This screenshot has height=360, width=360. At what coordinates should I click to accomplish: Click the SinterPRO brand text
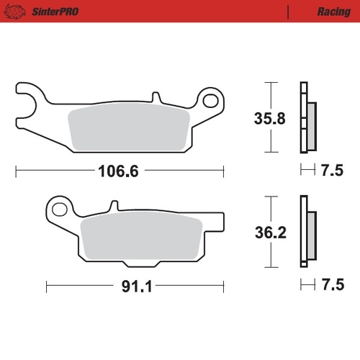point(53,12)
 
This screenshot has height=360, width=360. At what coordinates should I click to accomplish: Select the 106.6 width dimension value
point(118,171)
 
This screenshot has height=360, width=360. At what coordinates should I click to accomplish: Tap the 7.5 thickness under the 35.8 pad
point(333,171)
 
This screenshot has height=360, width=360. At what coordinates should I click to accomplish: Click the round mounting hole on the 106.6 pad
point(211,96)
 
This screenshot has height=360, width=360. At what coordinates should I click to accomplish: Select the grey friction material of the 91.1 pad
point(141,238)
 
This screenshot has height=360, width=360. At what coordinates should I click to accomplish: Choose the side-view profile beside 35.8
point(306,119)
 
